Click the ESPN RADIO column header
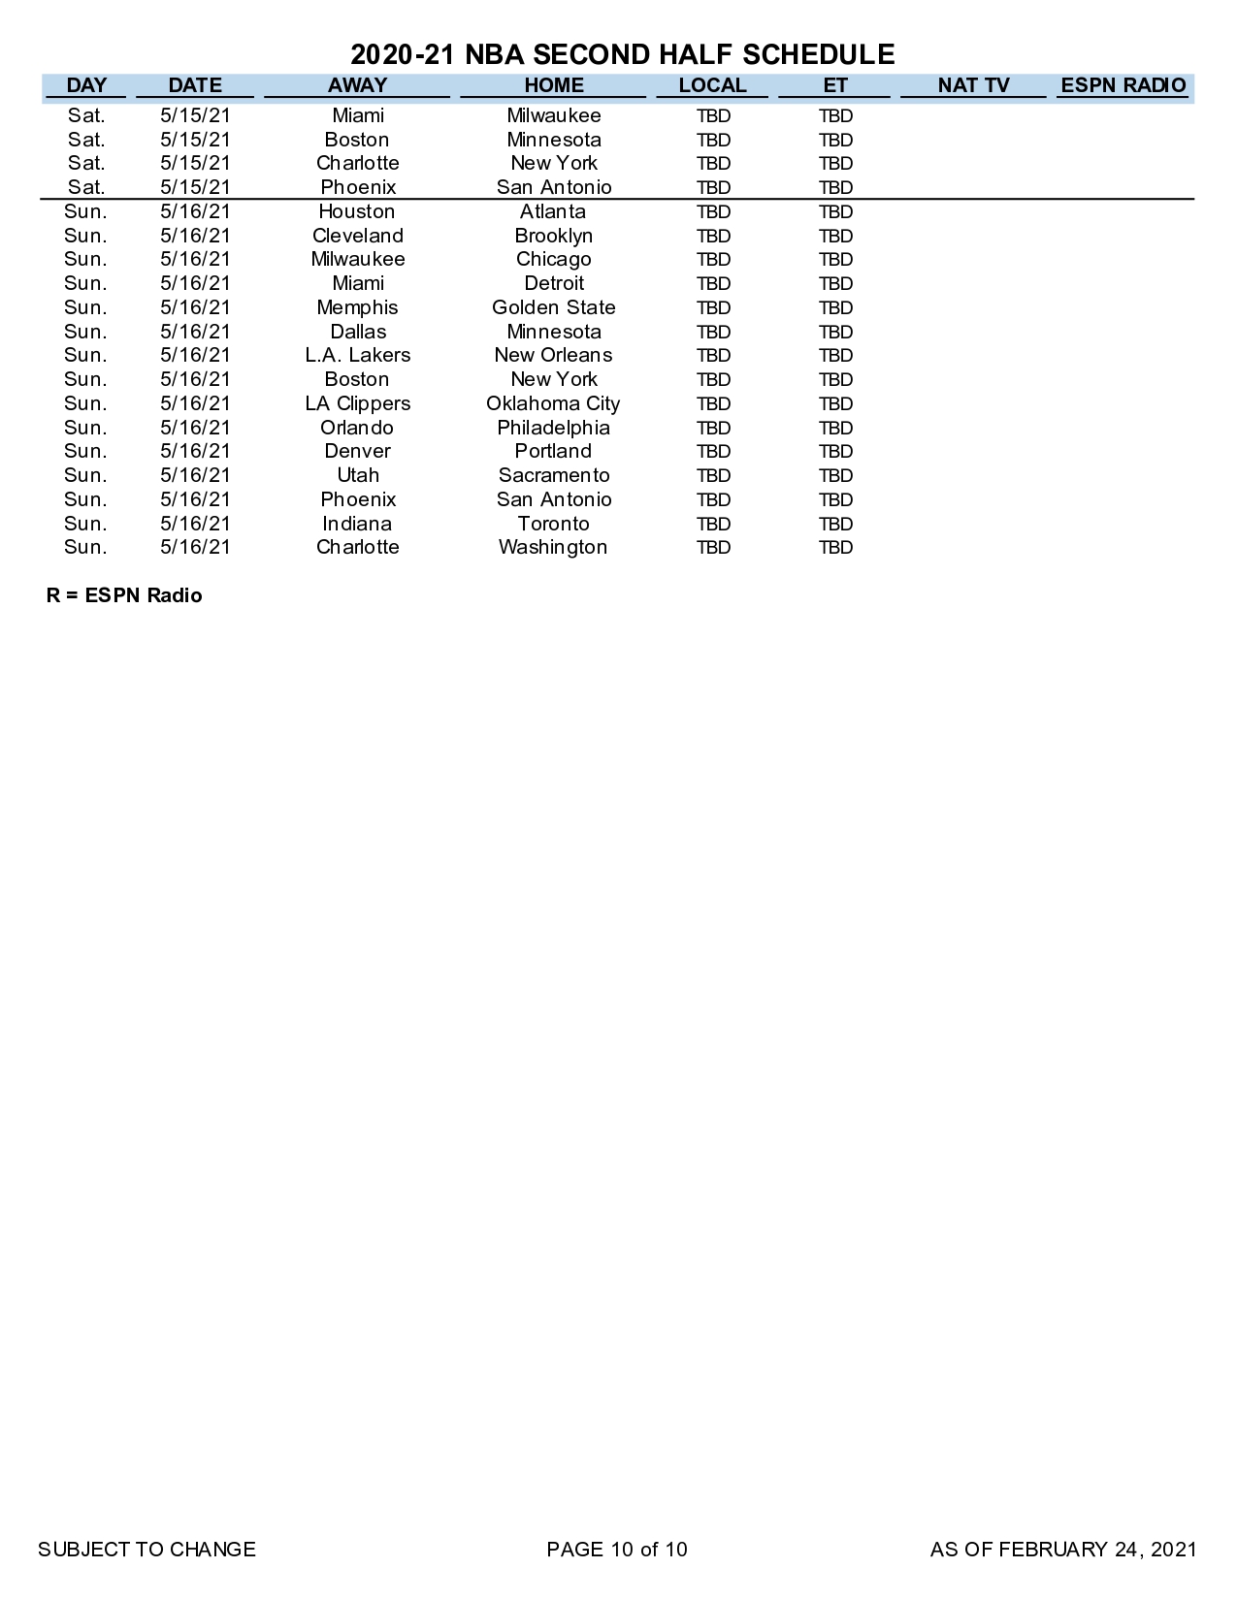click(1123, 85)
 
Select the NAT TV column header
click(973, 85)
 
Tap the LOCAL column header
click(712, 85)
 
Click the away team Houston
click(357, 211)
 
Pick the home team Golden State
click(553, 307)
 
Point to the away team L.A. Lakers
click(357, 355)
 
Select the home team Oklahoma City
click(553, 403)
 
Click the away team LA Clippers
click(357, 403)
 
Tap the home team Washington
click(553, 547)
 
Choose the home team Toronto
click(553, 524)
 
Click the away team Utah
click(357, 475)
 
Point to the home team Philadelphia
click(553, 428)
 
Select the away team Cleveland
click(357, 236)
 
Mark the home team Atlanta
click(553, 211)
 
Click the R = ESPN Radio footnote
click(124, 595)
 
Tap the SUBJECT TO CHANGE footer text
click(146, 1550)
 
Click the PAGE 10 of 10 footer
click(617, 1550)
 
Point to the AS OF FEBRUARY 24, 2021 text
click(1063, 1550)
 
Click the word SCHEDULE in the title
click(818, 54)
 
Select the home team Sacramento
click(553, 475)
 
